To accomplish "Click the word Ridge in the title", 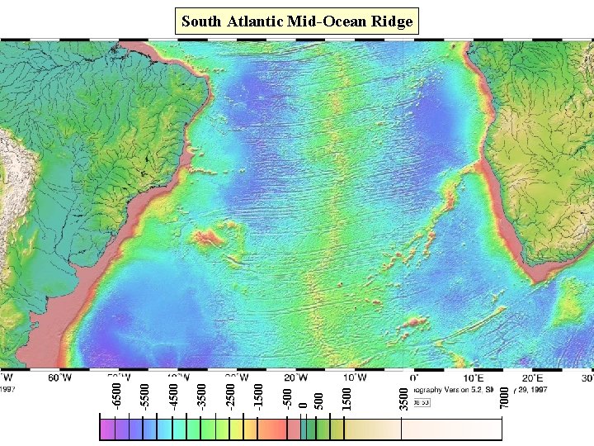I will (x=391, y=21).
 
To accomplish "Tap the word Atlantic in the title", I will (x=255, y=21).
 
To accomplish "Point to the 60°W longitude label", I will (x=60, y=377).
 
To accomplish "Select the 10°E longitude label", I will (x=472, y=377).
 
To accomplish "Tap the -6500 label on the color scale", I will (x=116, y=392).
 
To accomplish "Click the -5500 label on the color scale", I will (x=144, y=392).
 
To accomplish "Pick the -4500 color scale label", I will (x=173, y=392).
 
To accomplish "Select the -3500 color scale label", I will (x=201, y=392).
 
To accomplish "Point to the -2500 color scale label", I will (x=230, y=392).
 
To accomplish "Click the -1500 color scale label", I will (x=258, y=392).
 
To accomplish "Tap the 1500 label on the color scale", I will (x=347, y=393).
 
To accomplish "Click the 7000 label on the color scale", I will (x=504, y=393).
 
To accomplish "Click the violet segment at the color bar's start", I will (x=107, y=430).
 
